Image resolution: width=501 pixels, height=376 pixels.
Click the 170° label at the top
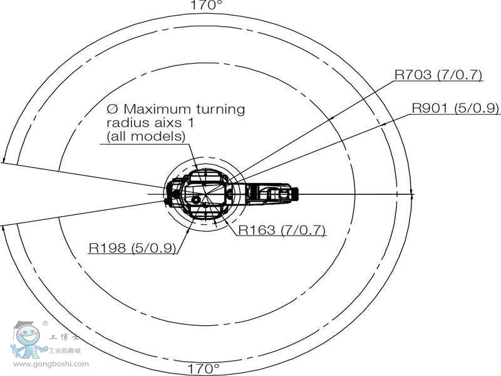click(206, 6)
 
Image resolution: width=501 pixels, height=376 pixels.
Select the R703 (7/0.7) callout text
click(438, 75)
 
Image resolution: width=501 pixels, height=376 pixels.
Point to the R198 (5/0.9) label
click(132, 248)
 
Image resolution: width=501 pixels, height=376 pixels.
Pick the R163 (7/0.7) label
click(282, 229)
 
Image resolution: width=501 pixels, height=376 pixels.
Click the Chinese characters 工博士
click(65, 337)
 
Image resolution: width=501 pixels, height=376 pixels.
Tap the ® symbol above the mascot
click(45, 324)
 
